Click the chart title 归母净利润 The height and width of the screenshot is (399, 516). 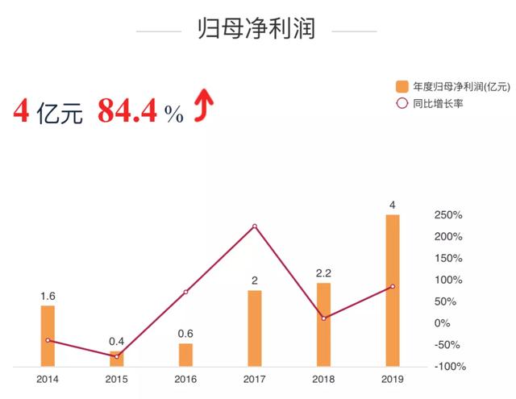pos(256,30)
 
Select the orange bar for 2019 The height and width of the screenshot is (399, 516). pos(393,290)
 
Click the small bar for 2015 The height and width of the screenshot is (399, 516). pos(117,360)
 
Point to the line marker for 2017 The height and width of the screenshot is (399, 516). pos(255,227)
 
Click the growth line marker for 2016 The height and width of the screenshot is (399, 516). pos(186,292)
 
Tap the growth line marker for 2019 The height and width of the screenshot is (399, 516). pos(393,286)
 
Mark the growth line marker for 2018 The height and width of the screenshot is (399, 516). pos(323,318)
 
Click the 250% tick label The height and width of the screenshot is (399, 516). pos(447,215)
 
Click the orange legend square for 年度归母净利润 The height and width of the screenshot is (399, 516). pos(402,85)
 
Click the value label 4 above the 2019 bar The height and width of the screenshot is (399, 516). pos(393,206)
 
